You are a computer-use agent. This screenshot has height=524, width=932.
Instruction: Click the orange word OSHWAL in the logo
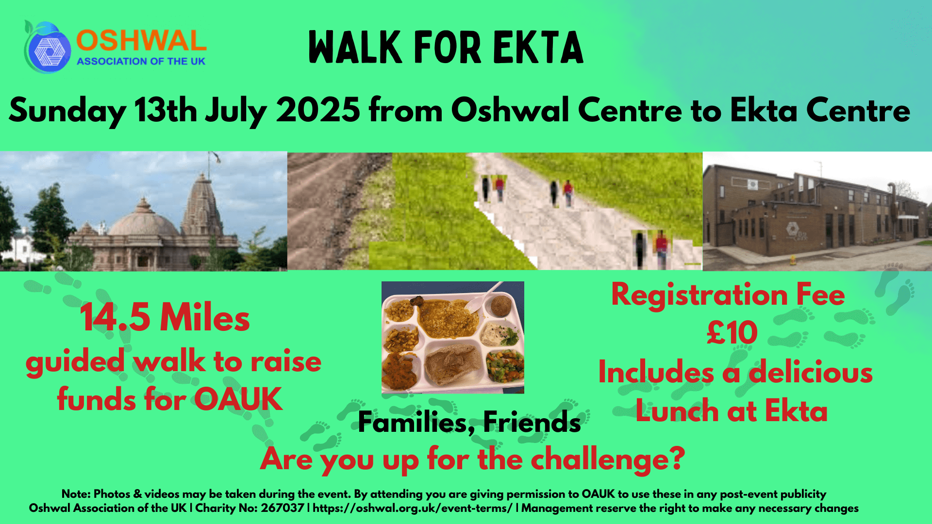coord(141,41)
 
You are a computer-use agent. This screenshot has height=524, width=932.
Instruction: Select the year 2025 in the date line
coord(318,110)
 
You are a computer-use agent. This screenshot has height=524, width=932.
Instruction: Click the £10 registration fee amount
coord(732,333)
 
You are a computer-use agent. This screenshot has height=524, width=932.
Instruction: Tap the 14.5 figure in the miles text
coord(116,318)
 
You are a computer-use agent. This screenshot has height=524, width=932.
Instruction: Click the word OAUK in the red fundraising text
coord(238,399)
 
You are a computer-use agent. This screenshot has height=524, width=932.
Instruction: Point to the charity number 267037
coord(283,508)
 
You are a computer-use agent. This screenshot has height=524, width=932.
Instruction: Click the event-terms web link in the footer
coord(413,508)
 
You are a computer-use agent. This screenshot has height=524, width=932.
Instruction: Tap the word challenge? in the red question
coord(608,459)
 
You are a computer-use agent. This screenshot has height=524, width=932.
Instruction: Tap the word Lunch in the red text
coord(678,411)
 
